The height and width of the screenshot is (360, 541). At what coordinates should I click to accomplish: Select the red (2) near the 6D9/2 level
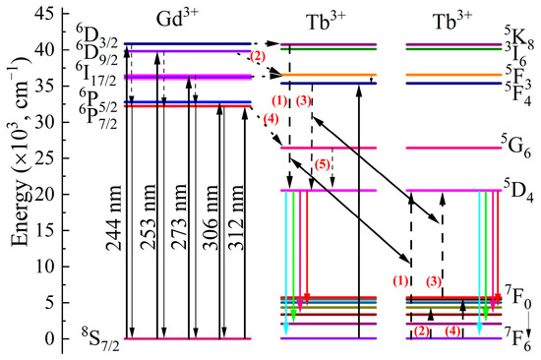point(258,56)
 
